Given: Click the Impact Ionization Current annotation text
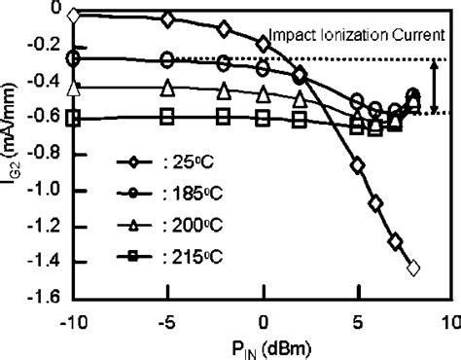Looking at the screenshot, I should (x=356, y=33).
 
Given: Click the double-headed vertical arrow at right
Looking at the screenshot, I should (x=435, y=87).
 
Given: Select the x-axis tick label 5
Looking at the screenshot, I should (x=356, y=320).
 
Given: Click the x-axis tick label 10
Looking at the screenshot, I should (x=447, y=320).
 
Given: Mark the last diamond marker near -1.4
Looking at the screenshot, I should (x=413, y=267).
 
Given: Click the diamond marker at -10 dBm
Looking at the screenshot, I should (x=77, y=15).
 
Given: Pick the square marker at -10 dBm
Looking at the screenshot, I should (x=77, y=118).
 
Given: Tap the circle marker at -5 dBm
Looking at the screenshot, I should (x=168, y=59).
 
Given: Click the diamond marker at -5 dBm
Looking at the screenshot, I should (x=168, y=19).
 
